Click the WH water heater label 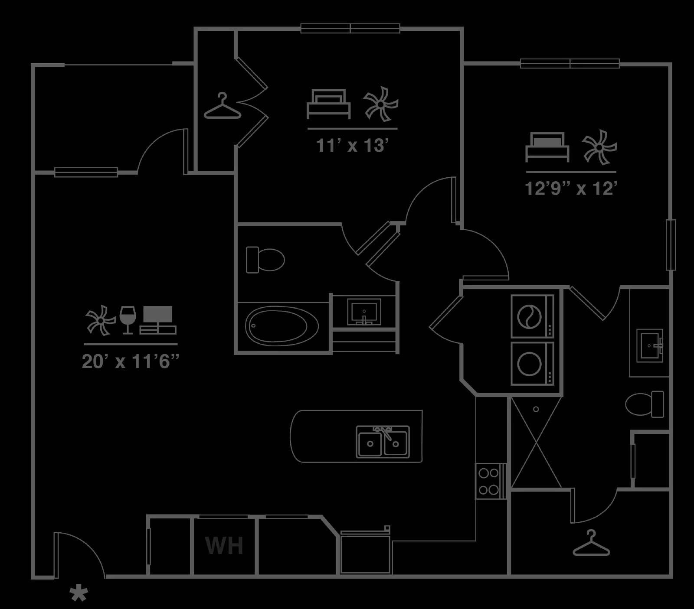(x=224, y=546)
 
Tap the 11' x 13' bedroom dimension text (x=351, y=145)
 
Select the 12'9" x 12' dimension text (x=571, y=188)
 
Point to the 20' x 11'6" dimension (x=131, y=361)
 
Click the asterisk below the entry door (x=79, y=593)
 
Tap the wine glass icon (x=128, y=320)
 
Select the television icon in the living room (x=158, y=320)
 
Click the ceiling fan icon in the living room (x=101, y=320)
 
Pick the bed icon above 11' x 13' (x=328, y=104)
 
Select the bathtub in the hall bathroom (x=282, y=326)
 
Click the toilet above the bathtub (x=265, y=260)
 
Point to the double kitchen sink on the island (x=383, y=442)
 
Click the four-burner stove (x=489, y=480)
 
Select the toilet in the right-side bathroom (x=645, y=404)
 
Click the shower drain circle (x=536, y=409)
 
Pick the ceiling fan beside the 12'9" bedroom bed (x=599, y=147)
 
